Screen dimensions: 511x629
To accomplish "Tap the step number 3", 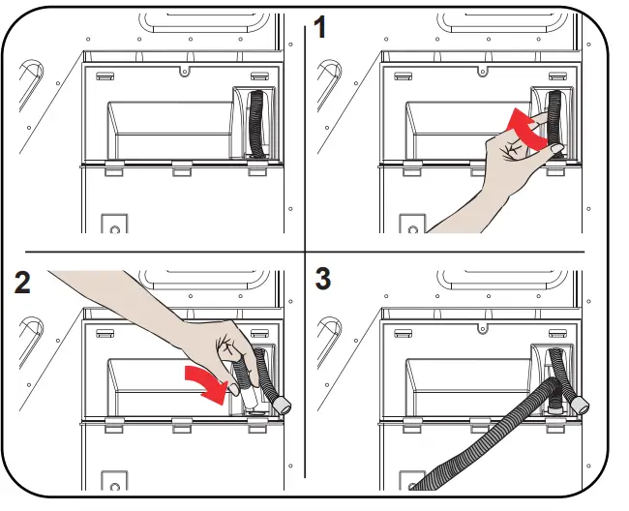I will click(323, 280).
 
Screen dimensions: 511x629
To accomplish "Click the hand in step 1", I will click(489, 179).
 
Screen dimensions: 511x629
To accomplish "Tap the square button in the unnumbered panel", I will click(115, 226).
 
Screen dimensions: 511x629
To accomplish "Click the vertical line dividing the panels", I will click(306, 145).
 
